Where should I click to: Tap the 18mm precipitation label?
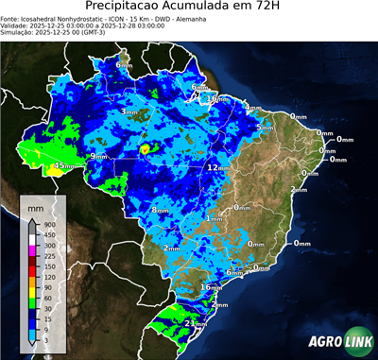click(x=217, y=98)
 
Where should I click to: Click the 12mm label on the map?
click(x=215, y=167)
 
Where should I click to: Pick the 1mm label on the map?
click(x=214, y=218)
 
